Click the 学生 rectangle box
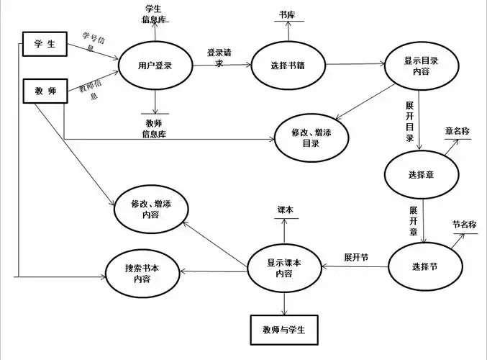(x=44, y=45)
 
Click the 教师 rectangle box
(x=44, y=91)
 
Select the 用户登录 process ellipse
(x=155, y=66)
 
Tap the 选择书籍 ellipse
(x=289, y=66)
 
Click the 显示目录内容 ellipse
(x=421, y=66)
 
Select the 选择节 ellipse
(x=424, y=267)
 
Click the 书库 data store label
(x=287, y=14)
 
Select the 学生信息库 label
(x=154, y=14)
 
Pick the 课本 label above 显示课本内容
(x=286, y=210)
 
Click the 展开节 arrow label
(x=356, y=257)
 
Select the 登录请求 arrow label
(x=219, y=58)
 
